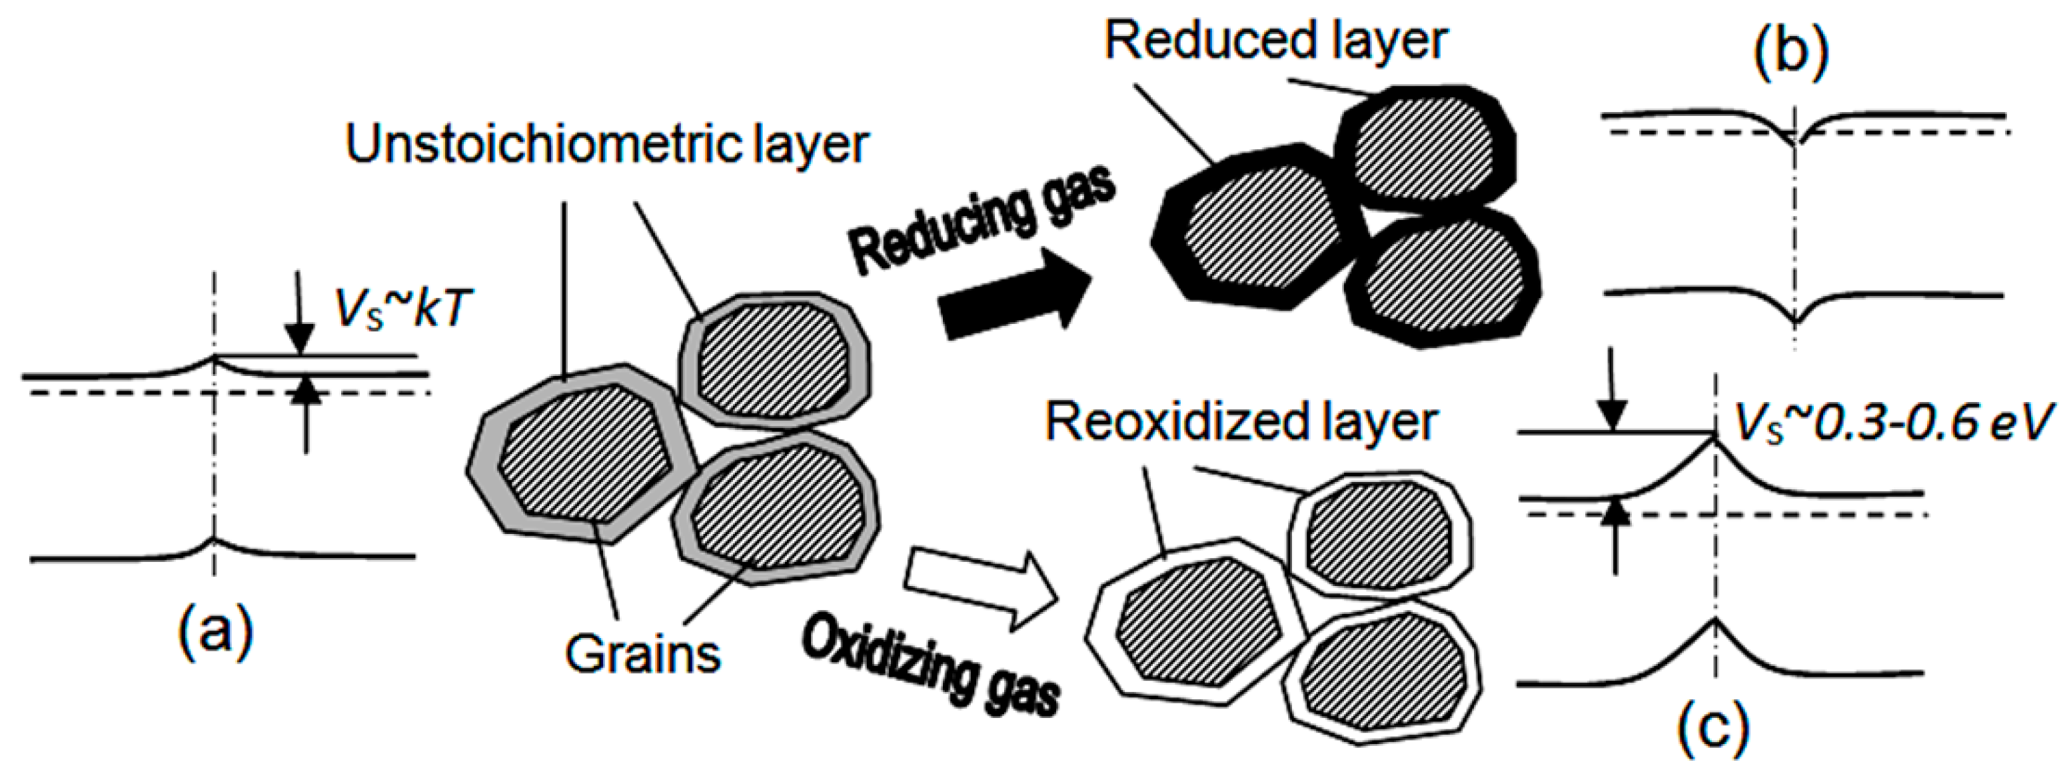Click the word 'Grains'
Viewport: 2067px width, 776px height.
click(643, 655)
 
